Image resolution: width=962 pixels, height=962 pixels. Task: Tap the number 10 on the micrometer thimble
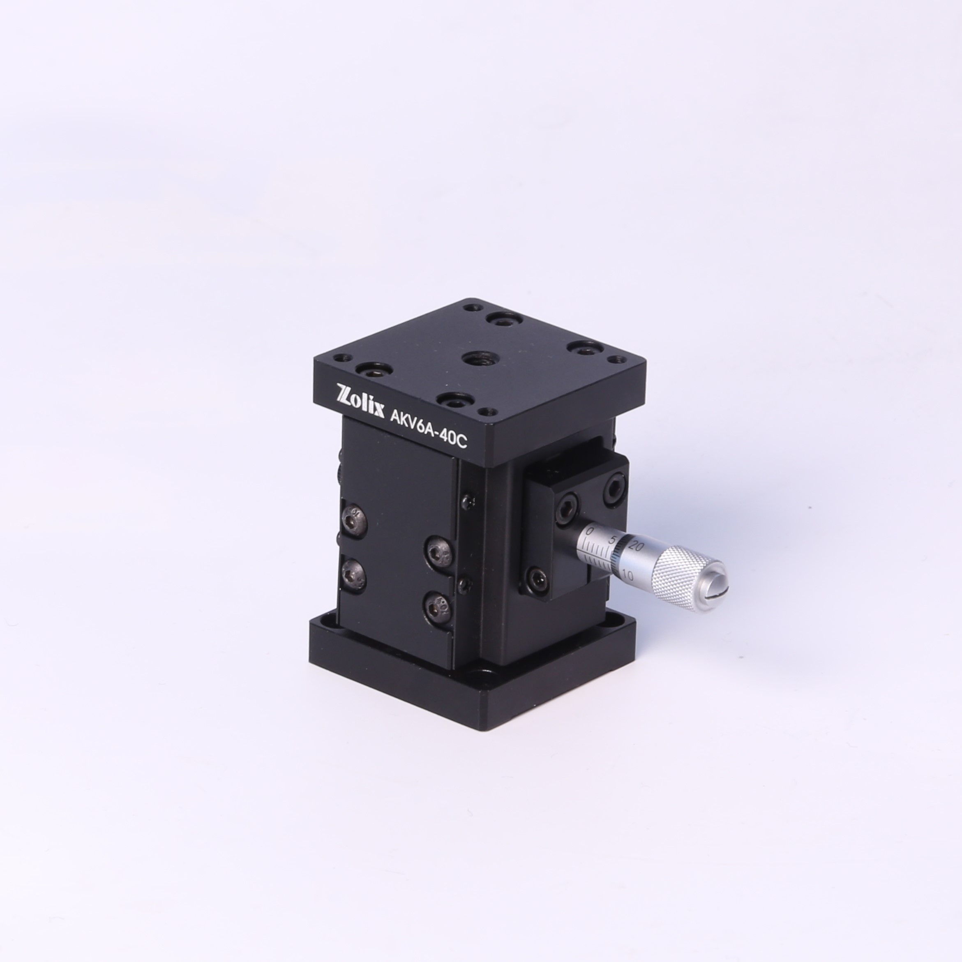pyautogui.click(x=627, y=576)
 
